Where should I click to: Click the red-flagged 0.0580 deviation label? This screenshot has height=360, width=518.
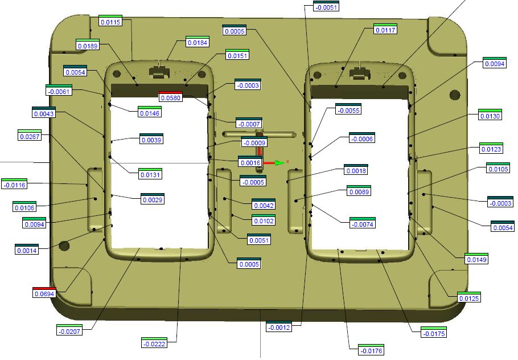coord(170,97)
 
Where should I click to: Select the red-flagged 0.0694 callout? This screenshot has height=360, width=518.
coord(44,293)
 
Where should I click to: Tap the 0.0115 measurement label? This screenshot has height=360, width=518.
coord(110,22)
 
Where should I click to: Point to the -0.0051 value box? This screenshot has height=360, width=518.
coord(326,7)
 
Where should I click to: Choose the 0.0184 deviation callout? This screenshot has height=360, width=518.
coord(197,42)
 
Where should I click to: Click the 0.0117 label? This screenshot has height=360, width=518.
coord(385,30)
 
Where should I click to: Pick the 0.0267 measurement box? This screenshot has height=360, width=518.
coord(30,137)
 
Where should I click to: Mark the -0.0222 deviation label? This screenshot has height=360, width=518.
coord(154,343)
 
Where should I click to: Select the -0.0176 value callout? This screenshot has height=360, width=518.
coord(371,350)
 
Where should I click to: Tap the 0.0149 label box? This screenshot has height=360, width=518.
coord(477,260)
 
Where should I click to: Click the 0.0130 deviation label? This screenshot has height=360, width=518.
coord(490,116)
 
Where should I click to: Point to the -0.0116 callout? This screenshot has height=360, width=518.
coord(14,185)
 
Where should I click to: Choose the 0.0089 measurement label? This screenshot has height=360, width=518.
coord(359,192)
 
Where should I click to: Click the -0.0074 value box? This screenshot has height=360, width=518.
coord(363,224)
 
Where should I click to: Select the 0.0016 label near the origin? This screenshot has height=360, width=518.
coord(250,163)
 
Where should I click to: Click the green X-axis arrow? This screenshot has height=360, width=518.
coord(278,163)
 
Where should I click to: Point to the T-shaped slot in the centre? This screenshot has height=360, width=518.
coord(259,135)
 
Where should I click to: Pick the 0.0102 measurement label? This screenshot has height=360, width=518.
coord(263,220)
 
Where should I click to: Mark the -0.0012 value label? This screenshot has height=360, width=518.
coord(279,327)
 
